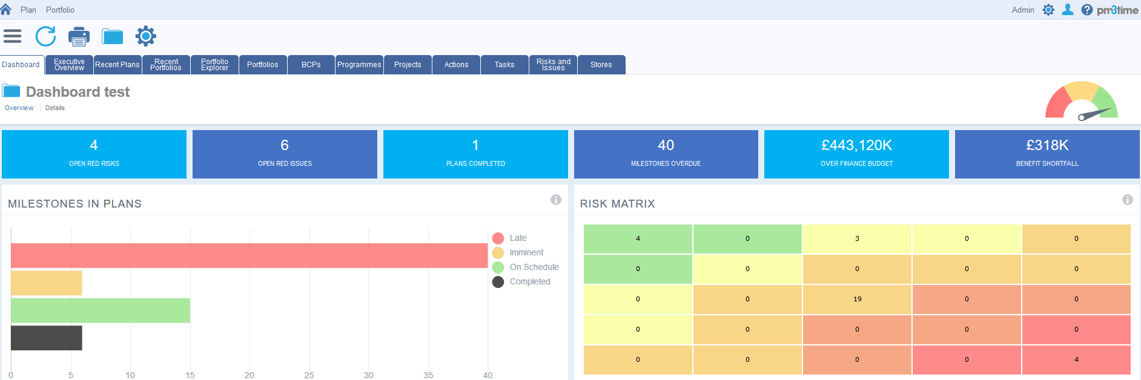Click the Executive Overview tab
pos(69,65)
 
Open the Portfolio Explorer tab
pos(214,65)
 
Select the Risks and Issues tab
pos(553,65)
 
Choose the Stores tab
pos(601,65)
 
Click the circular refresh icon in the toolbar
pos(45,36)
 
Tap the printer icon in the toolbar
pos(79,36)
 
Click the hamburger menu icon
pos(12,36)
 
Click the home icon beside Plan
pos(6,10)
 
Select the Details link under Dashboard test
pos(55,108)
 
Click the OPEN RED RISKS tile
pos(94,154)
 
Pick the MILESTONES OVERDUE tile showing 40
pos(666,154)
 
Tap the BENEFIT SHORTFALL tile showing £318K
pos(1047,154)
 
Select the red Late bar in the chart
pos(249,255)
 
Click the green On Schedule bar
pos(100,310)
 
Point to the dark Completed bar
pos(46,338)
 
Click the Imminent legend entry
pos(526,252)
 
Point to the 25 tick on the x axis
pos(309,375)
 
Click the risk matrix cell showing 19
pos(857,299)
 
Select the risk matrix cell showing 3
pos(857,238)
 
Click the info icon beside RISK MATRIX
pos(1127,200)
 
